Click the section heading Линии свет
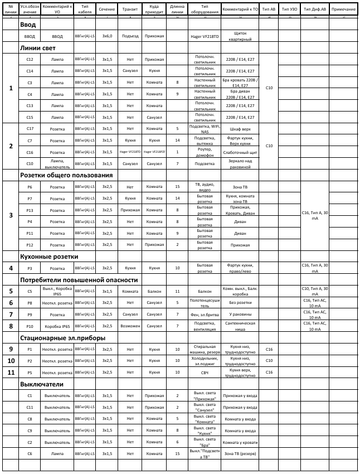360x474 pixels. [x=37, y=48]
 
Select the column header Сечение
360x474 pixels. [x=107, y=10]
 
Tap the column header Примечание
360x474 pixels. [x=343, y=10]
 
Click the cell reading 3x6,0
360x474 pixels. [x=107, y=36]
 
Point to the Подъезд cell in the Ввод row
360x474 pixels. [x=130, y=36]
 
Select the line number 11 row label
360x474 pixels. [x=10, y=372]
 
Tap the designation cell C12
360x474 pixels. [x=30, y=59]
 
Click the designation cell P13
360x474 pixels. [x=30, y=210]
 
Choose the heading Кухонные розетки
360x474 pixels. [x=49, y=257]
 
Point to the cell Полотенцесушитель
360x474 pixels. [x=205, y=303]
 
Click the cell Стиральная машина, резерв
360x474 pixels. [x=205, y=349]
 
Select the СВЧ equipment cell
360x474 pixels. [x=205, y=372]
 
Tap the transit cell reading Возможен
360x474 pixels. [x=130, y=326]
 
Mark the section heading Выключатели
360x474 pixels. [x=41, y=384]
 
